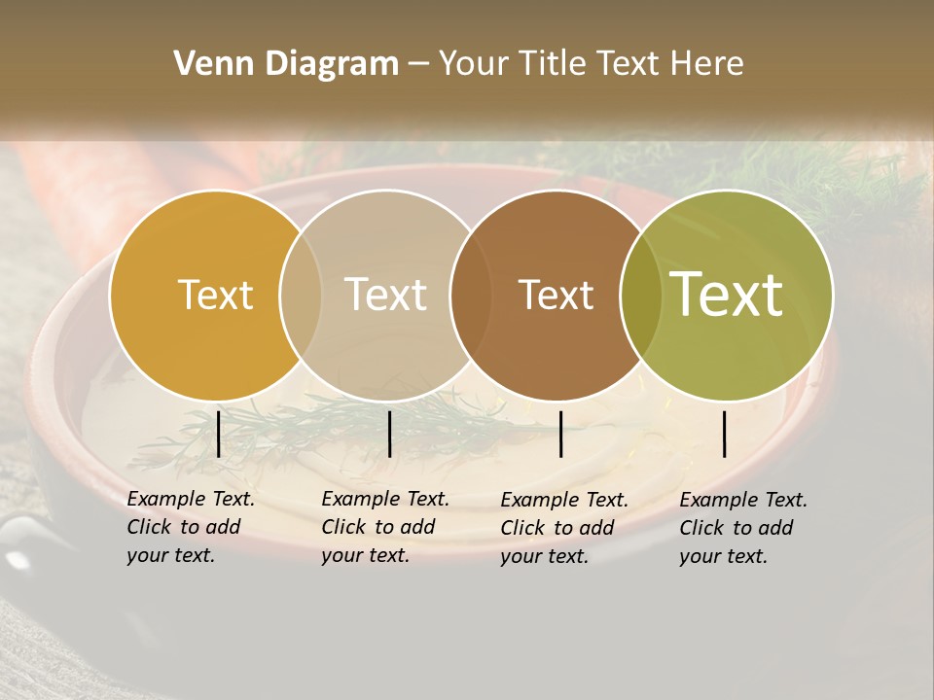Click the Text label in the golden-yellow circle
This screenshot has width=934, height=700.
pyautogui.click(x=215, y=295)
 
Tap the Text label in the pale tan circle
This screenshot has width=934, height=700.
pyautogui.click(x=386, y=295)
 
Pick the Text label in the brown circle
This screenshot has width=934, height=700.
pyautogui.click(x=556, y=295)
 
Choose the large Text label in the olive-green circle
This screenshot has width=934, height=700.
pyautogui.click(x=727, y=295)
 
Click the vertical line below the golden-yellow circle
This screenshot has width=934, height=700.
pyautogui.click(x=218, y=434)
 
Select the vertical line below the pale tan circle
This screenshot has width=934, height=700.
pyautogui.click(x=389, y=434)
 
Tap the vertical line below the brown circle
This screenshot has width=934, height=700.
pyautogui.click(x=560, y=434)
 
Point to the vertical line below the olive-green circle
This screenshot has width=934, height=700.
pyautogui.click(x=725, y=434)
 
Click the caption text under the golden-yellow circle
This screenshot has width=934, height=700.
pyautogui.click(x=191, y=527)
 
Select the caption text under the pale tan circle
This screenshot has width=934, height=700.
pyautogui.click(x=385, y=527)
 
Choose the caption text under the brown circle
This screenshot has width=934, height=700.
pyautogui.click(x=564, y=528)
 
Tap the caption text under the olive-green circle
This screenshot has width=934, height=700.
pyautogui.click(x=743, y=528)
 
